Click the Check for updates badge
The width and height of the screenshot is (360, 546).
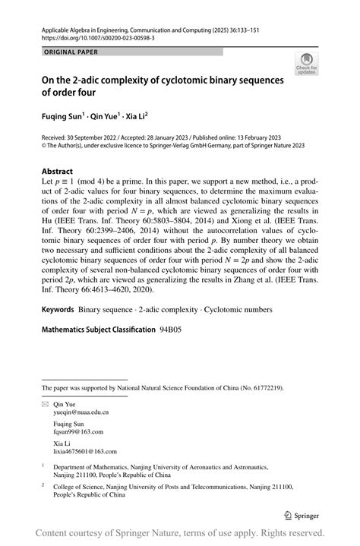pos(307,63)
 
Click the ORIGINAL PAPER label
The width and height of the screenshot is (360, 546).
pos(71,52)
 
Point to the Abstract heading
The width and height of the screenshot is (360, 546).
pos(58,172)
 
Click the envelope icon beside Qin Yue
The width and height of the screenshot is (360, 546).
pos(45,404)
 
